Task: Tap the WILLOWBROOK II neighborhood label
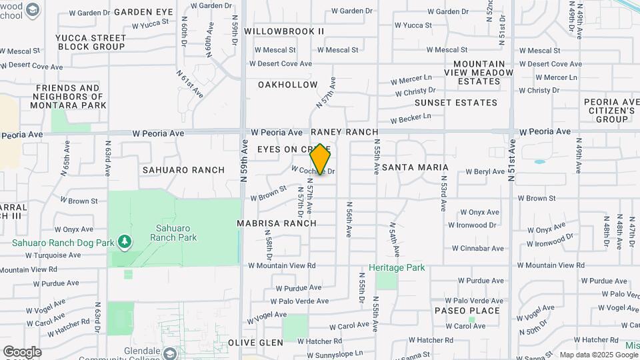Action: coord(284,31)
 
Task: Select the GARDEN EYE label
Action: coord(143,12)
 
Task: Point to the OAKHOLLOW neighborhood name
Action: coord(288,85)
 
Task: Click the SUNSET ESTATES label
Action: coord(456,103)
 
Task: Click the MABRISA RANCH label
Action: coord(277,223)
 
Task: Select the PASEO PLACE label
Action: coord(467,311)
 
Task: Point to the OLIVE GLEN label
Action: coord(255,342)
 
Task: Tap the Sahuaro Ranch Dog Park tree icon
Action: coord(123,240)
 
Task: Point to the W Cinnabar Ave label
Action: coord(475,248)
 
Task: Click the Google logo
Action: coord(22,352)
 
